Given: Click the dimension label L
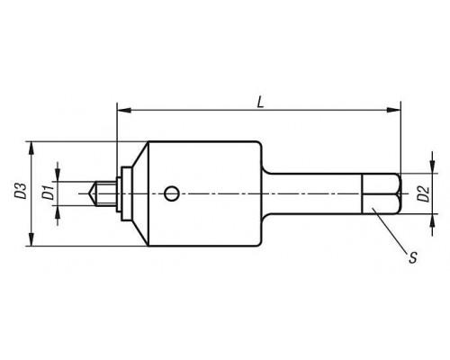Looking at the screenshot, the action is tap(260, 103).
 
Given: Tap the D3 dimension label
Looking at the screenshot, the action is tap(21, 191).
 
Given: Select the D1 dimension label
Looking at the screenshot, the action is tap(48, 193).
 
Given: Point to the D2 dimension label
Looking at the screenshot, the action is tap(424, 193).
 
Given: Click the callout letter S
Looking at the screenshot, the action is tap(413, 257).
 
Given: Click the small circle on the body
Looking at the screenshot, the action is tap(172, 193).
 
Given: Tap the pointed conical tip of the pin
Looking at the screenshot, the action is tap(91, 193).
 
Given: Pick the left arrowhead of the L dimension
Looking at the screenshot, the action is tap(124, 110).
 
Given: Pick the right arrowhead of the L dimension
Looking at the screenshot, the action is tap(393, 110).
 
